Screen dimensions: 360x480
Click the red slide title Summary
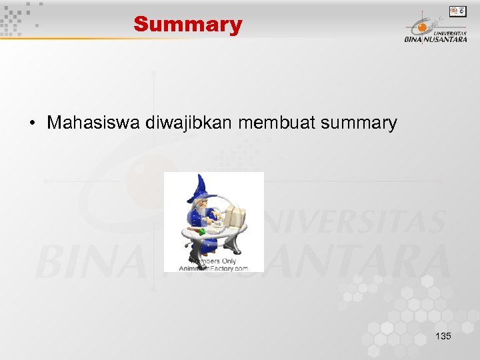tap(187, 25)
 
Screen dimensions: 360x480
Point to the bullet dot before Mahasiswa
tap(32, 123)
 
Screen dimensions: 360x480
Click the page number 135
tap(443, 336)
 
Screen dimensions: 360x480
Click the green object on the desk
tap(201, 231)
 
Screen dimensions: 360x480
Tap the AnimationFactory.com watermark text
tap(214, 268)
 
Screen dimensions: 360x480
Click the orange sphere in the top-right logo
tap(421, 28)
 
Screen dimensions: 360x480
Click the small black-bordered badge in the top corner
tap(458, 11)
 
